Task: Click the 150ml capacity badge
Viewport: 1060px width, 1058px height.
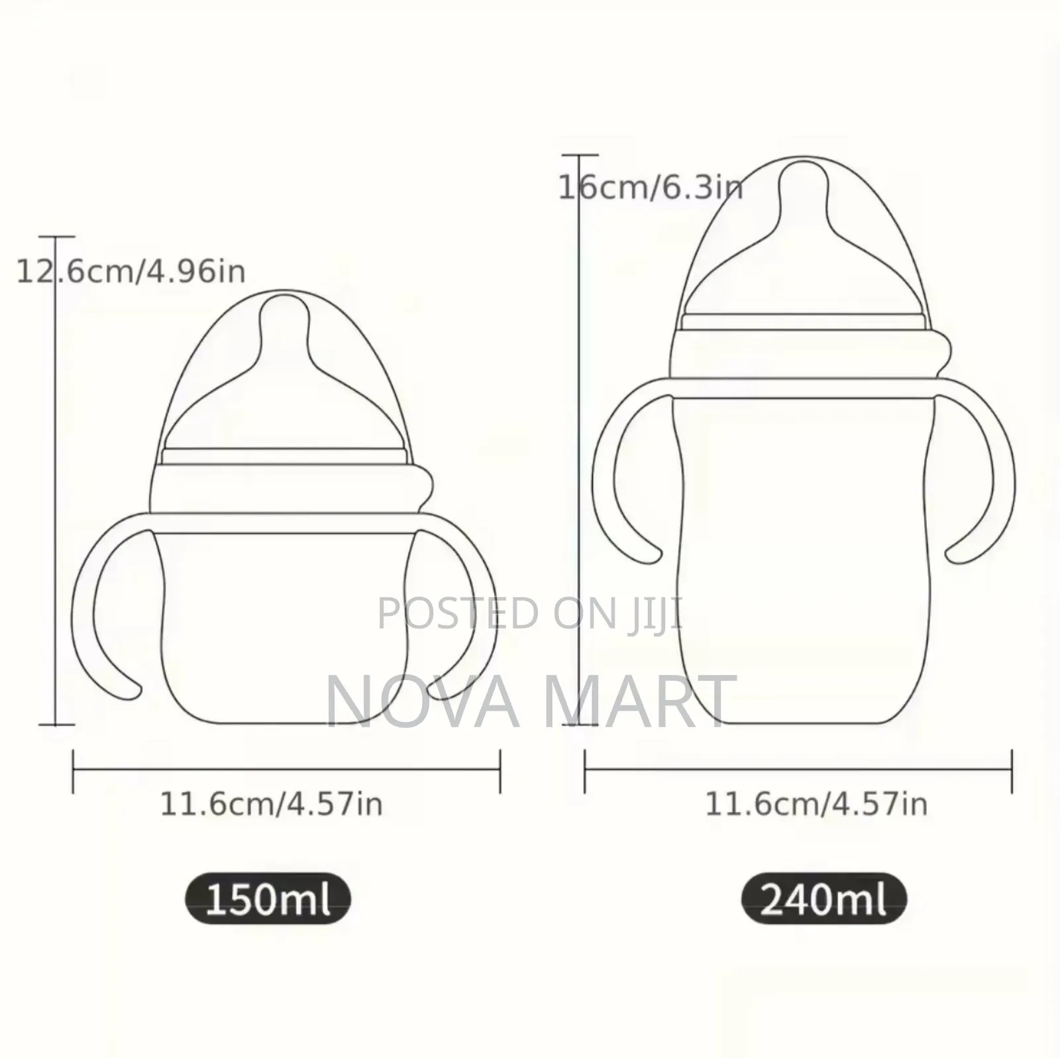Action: tap(268, 900)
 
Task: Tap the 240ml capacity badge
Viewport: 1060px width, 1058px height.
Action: tap(823, 900)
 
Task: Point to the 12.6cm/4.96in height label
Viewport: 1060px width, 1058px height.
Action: tap(131, 271)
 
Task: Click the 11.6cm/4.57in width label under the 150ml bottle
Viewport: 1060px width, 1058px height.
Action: tap(272, 805)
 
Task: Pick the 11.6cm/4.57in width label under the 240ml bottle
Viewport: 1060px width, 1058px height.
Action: tap(816, 805)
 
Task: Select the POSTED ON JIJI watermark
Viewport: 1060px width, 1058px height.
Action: tap(530, 613)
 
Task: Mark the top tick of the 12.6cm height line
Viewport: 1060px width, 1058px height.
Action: tap(56, 237)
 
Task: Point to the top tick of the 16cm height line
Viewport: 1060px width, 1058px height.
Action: tap(580, 156)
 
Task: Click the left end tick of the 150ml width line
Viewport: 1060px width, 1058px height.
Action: tap(73, 770)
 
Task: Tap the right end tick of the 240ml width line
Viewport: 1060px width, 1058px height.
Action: tap(1012, 770)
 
